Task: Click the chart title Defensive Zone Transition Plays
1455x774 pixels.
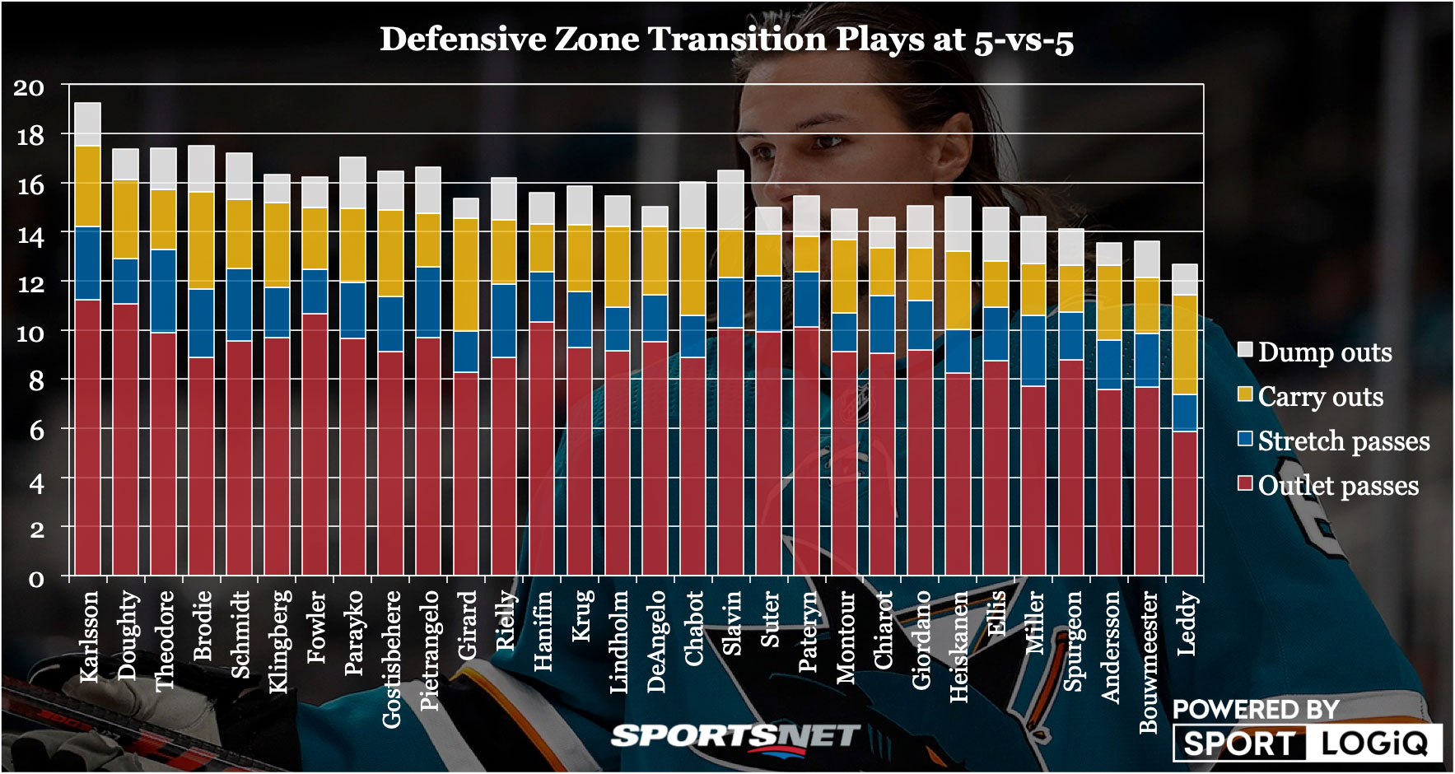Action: (x=726, y=40)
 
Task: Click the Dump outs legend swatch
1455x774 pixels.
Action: (x=1245, y=349)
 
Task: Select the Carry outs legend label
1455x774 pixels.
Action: (x=1320, y=396)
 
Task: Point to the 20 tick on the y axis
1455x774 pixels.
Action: (x=29, y=87)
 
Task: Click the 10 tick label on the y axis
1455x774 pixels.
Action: (x=30, y=333)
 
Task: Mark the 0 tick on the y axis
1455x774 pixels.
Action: (x=36, y=579)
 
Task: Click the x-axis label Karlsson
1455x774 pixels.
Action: (x=89, y=636)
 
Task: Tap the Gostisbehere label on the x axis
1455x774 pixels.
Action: (x=392, y=659)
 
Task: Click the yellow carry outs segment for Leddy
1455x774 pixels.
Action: (x=1185, y=345)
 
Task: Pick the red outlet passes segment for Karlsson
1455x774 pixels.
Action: (x=88, y=436)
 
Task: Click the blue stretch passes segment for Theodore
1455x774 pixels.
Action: (x=163, y=291)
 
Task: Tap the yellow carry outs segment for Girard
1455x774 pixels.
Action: (x=466, y=274)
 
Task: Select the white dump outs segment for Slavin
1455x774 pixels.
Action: (x=731, y=199)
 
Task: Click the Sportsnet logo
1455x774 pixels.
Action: (x=735, y=736)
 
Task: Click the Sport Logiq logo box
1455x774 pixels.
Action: (x=1307, y=743)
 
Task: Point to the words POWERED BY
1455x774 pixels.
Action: (x=1255, y=709)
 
